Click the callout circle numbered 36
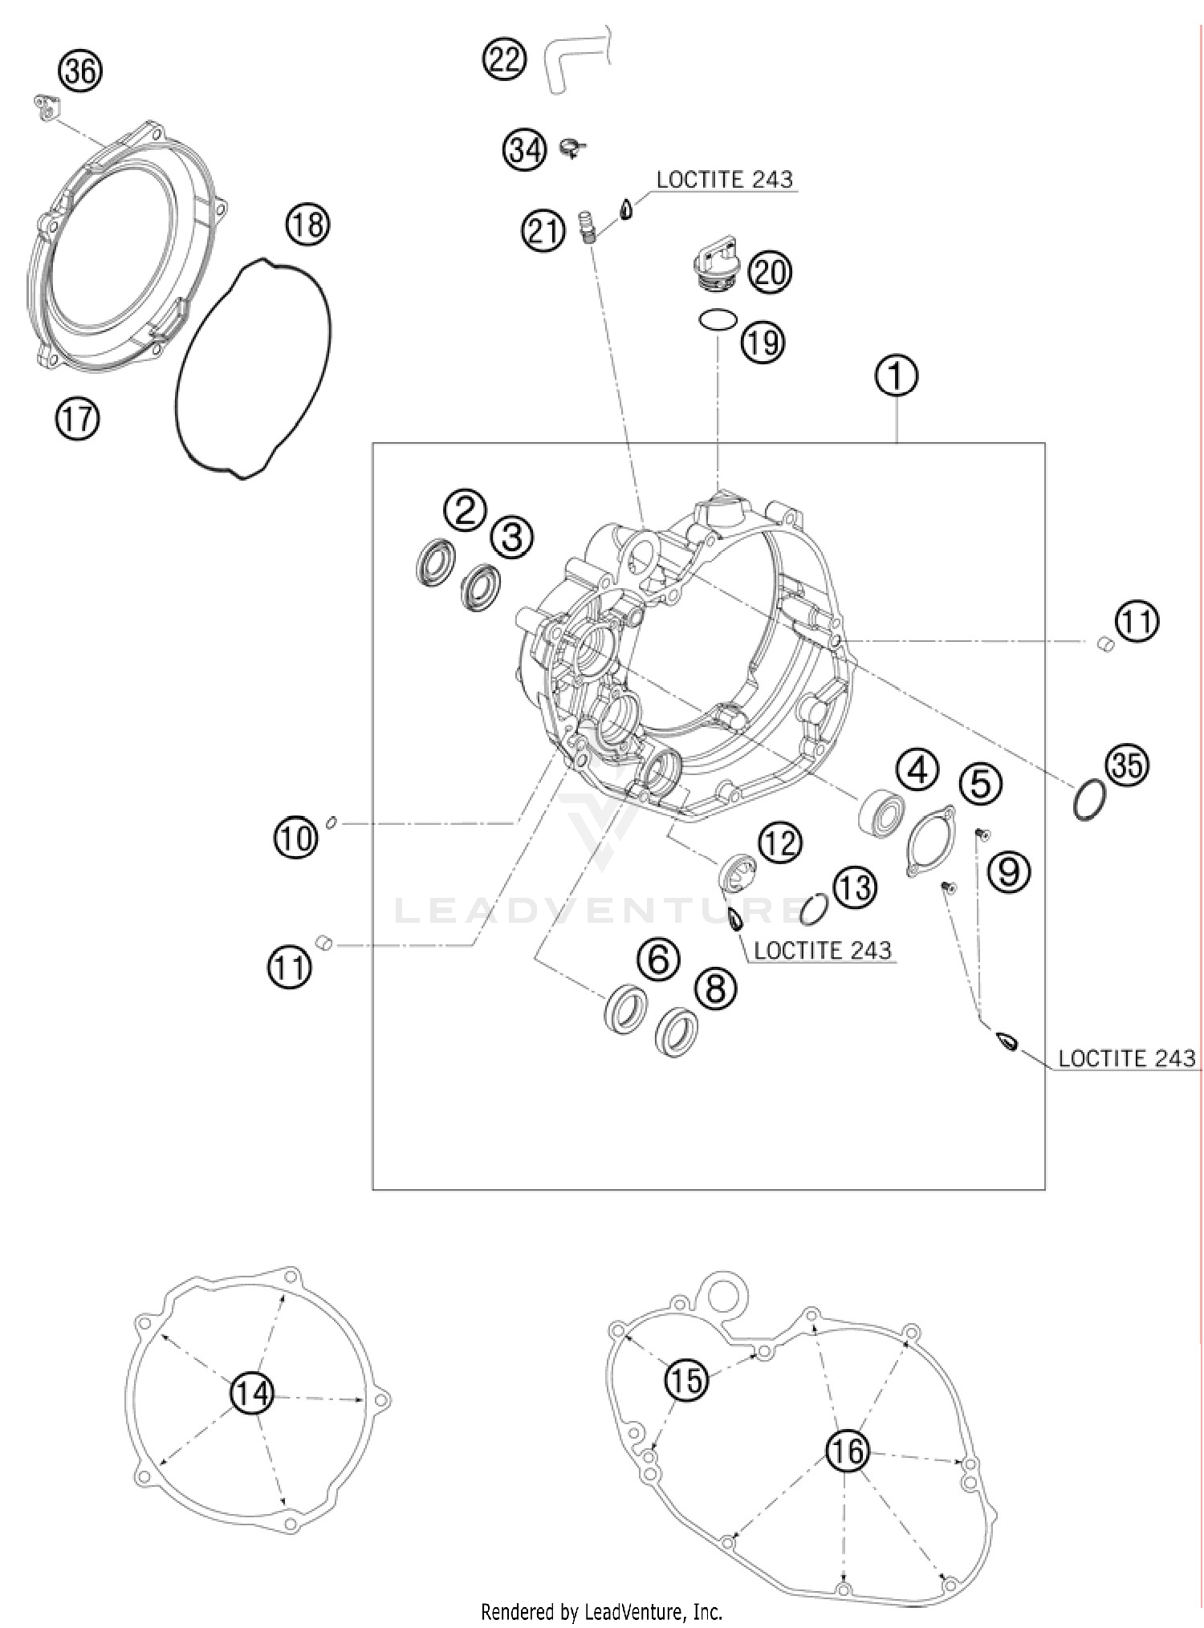point(80,72)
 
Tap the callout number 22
point(504,59)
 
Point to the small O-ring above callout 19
point(716,320)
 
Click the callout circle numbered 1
point(897,375)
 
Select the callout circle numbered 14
point(251,1394)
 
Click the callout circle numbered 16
point(848,1451)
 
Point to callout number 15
point(686,1380)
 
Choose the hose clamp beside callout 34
point(573,147)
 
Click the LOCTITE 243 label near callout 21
point(724,180)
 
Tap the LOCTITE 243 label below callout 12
point(822,951)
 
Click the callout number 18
point(307,225)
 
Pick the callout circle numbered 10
point(296,838)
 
